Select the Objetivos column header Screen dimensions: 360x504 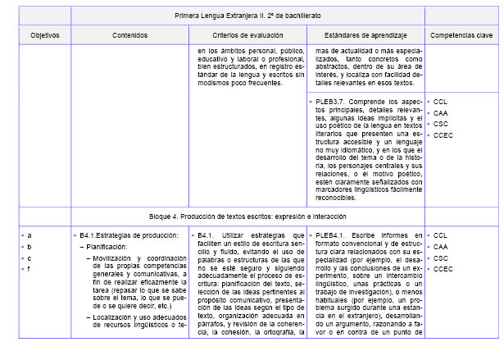click(39, 36)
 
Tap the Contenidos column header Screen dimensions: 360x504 click(129, 36)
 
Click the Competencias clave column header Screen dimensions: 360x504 click(463, 36)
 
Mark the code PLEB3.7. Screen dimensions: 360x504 click(335, 101)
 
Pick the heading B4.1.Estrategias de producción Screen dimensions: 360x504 click(129, 235)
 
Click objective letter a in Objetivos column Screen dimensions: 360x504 click(30, 235)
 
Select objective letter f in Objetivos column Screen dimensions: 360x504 click(30, 268)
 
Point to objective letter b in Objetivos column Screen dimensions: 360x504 click(30, 246)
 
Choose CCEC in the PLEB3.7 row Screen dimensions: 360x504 click(443, 134)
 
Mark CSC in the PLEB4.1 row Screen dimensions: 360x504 click(441, 257)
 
